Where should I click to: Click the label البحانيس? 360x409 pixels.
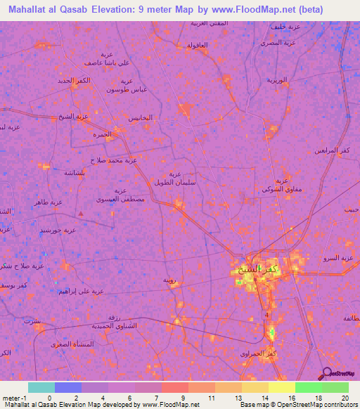[140, 117]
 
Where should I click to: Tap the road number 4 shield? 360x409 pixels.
[266, 315]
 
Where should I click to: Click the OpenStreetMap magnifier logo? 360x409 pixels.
[328, 373]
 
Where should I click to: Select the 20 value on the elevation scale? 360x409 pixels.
[345, 398]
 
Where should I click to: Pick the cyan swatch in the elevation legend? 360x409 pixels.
[41, 387]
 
